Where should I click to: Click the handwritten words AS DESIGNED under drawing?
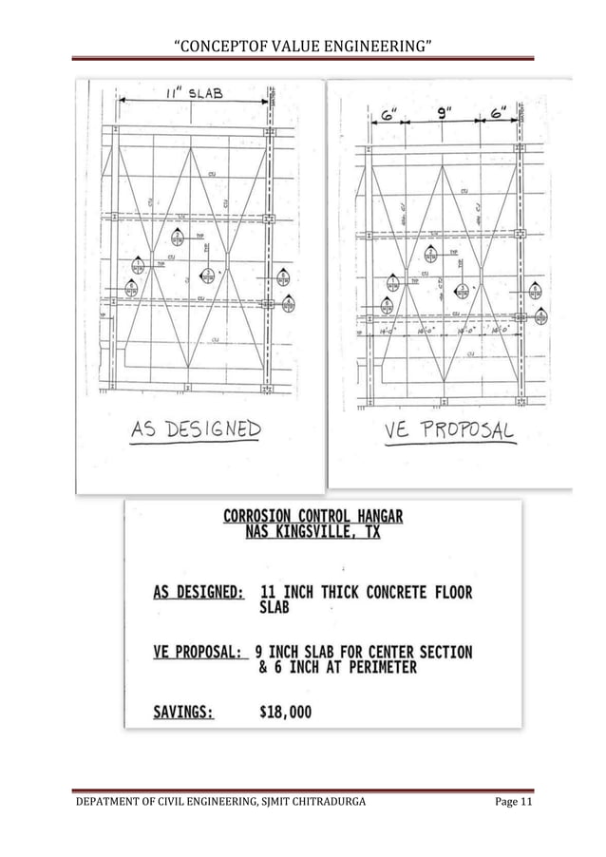pos(196,430)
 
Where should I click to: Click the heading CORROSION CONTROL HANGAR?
pos(312,517)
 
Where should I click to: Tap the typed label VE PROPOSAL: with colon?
pos(201,653)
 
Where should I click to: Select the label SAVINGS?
pos(184,711)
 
